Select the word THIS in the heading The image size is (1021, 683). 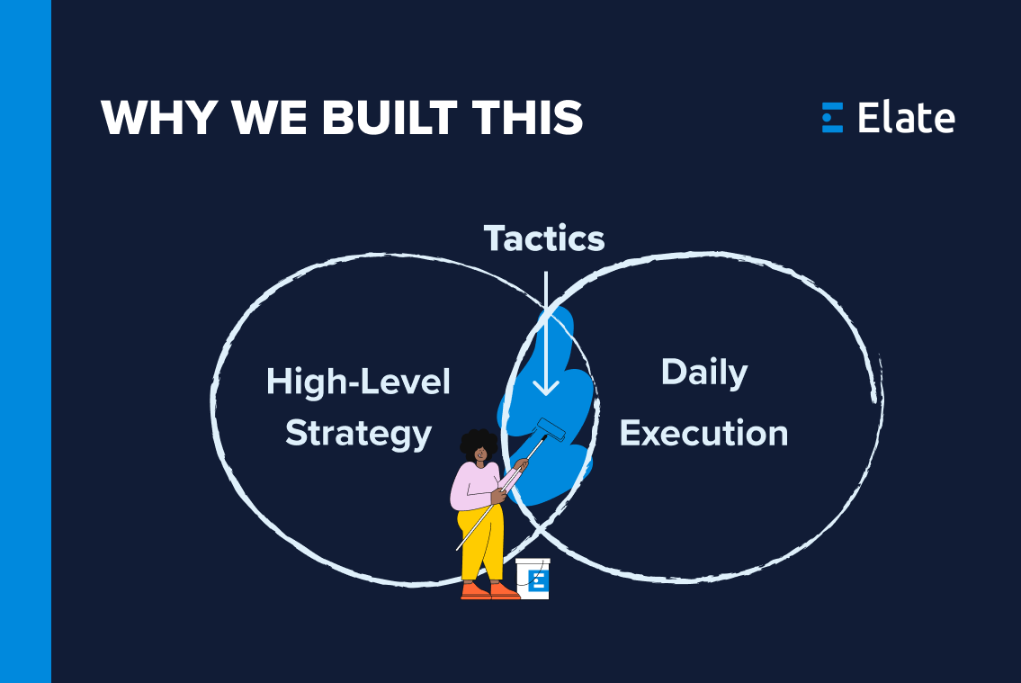(533, 118)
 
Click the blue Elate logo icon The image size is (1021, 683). (832, 118)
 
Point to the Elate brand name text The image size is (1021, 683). (906, 118)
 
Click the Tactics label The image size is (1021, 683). (544, 238)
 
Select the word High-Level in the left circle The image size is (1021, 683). (358, 382)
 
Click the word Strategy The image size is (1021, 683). (358, 434)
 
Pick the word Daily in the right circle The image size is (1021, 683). (704, 373)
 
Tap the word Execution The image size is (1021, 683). (704, 434)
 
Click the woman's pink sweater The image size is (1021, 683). (478, 486)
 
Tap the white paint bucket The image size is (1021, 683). (533, 578)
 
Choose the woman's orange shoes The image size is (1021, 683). (490, 590)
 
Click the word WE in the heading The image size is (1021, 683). (270, 118)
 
